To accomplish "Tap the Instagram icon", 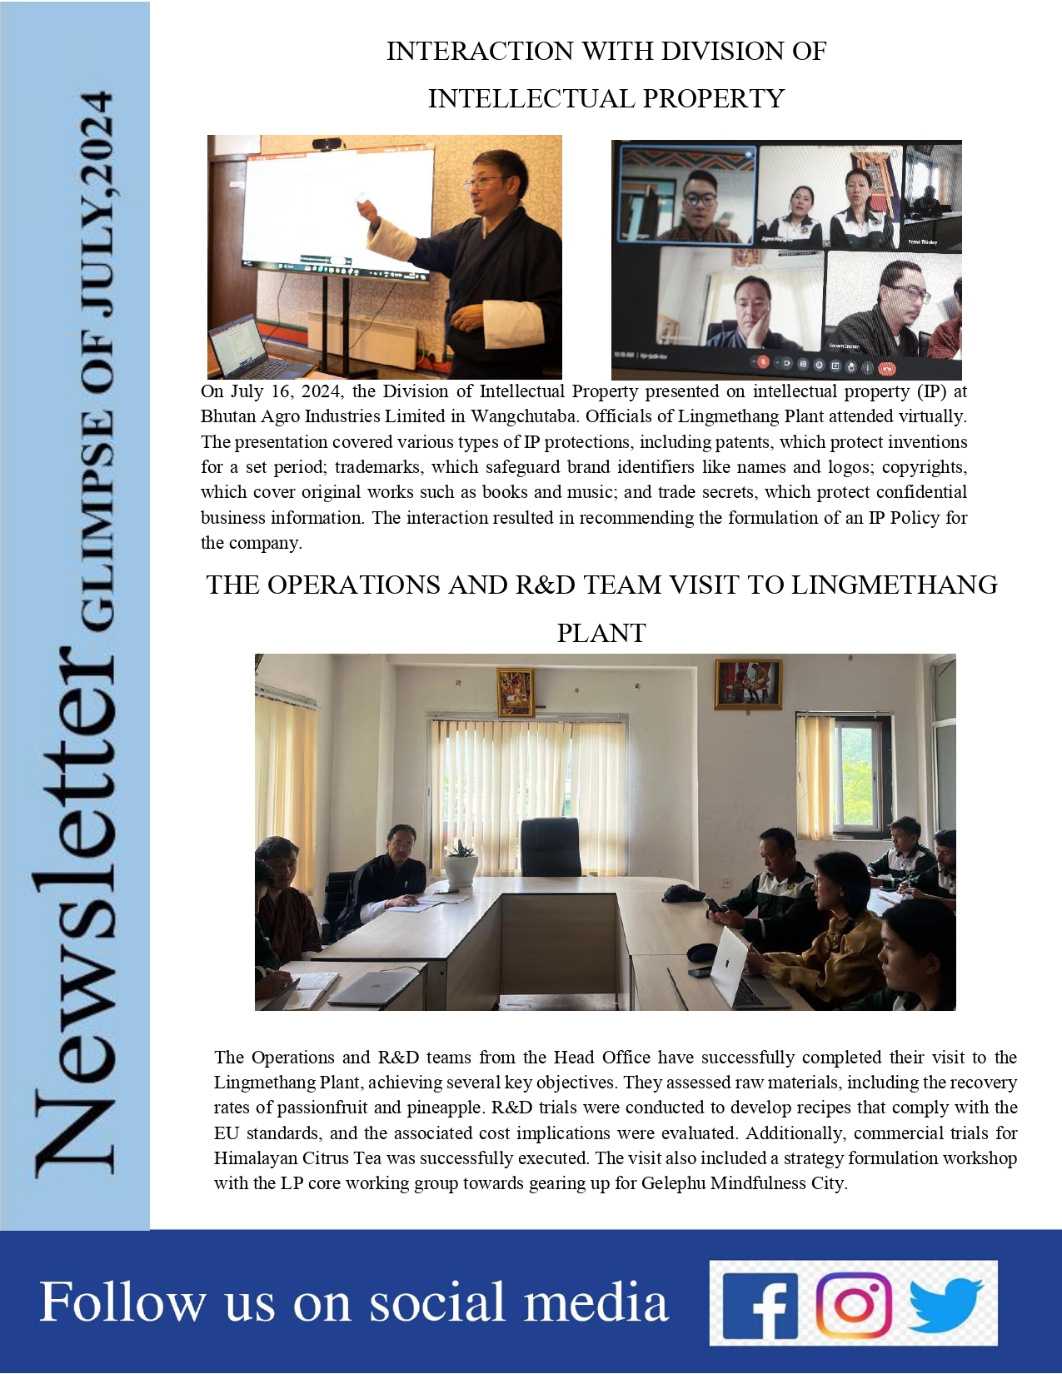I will pyautogui.click(x=854, y=1303).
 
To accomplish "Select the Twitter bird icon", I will pyautogui.click(x=946, y=1304).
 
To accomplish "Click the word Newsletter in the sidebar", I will pyautogui.click(x=75, y=908).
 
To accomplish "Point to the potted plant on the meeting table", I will pyautogui.click(x=460, y=863).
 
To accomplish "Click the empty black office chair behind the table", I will pyautogui.click(x=551, y=847).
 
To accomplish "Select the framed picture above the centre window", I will pyautogui.click(x=515, y=692).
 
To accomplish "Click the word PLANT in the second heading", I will pyautogui.click(x=601, y=633).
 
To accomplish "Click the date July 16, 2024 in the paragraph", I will pyautogui.click(x=273, y=391).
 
